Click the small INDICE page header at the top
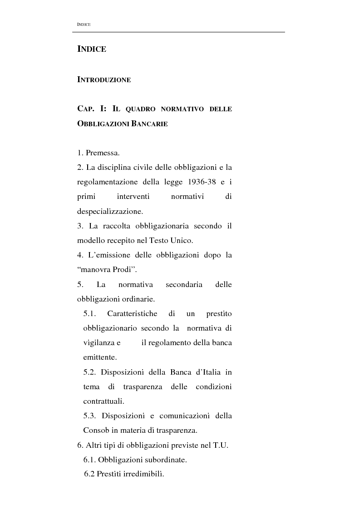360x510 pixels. coord(84,24)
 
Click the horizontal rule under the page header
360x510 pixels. coord(178,32)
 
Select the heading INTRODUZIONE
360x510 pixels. coord(104,80)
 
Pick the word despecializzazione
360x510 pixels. coord(109,211)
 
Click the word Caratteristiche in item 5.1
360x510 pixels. coord(132,313)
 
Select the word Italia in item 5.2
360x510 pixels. coord(208,372)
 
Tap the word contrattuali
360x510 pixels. coord(104,401)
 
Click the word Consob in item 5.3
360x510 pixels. coord(94,431)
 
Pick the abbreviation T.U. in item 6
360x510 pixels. coord(220,446)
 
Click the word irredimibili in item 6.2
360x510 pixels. coord(142,475)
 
